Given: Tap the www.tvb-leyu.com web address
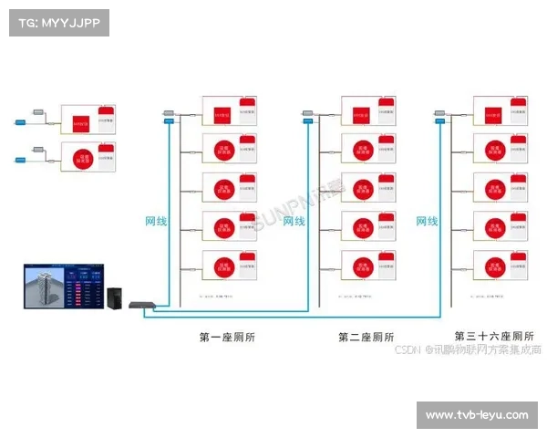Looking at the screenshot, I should point(477,415).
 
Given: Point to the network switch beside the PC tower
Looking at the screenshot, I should point(142,305).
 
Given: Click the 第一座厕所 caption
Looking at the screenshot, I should point(227,337).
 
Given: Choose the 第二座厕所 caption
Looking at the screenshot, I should point(366,337).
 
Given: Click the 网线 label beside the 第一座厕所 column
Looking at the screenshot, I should point(157,221).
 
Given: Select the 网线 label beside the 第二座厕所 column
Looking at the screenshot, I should point(294,221).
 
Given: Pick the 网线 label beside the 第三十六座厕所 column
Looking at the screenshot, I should point(428,221).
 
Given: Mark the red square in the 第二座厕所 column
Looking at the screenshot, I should point(359,116).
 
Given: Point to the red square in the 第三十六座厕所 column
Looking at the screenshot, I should point(494,116).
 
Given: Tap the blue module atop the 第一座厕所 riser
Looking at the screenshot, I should point(170,115).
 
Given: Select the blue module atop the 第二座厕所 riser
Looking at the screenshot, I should point(306,115).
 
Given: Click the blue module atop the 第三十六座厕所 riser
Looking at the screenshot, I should point(441,115).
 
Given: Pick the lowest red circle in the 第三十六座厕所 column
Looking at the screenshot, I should point(494,266).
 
